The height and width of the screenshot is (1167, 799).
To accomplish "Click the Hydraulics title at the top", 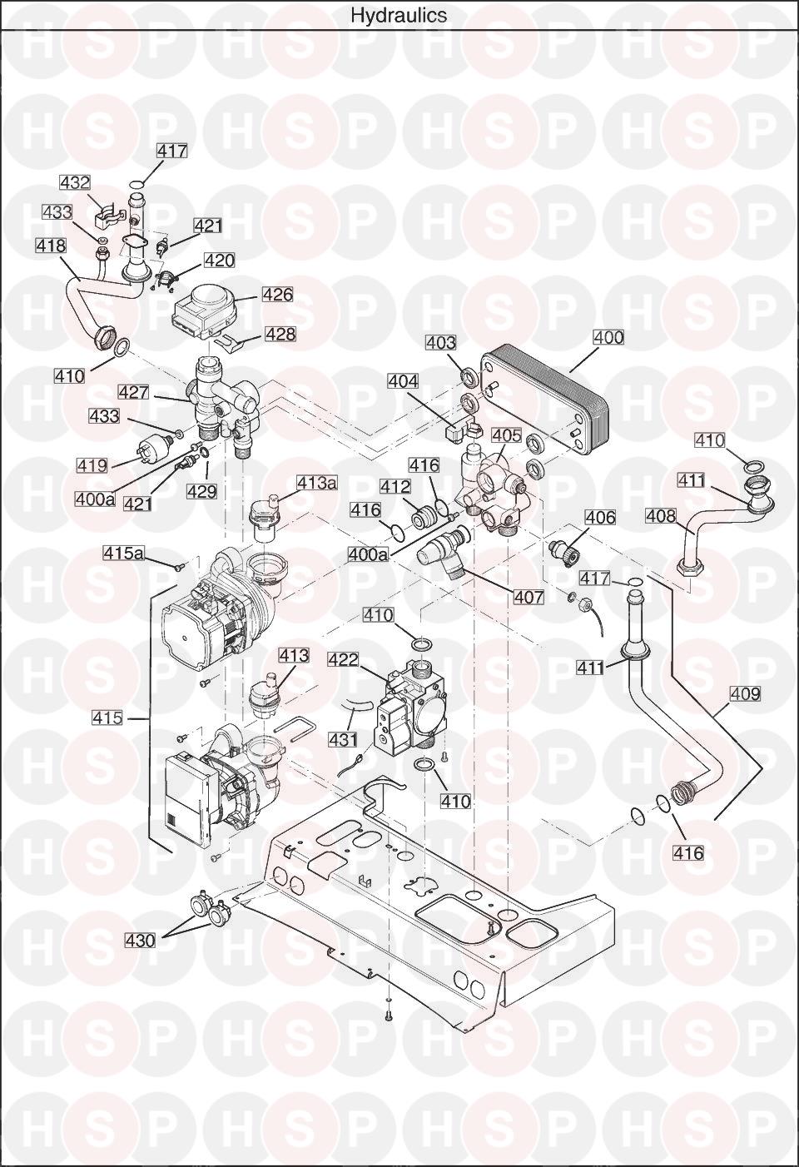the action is [399, 15].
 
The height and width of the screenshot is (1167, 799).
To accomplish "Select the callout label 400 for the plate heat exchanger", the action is [608, 337].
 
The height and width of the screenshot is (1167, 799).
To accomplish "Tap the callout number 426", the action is [278, 295].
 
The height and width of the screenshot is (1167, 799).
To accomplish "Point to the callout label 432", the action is [74, 182].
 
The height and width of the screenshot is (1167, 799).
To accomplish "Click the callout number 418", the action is [51, 245].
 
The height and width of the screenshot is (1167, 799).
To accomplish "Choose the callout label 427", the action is [133, 392].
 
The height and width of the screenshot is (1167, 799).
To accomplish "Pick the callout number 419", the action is [92, 465].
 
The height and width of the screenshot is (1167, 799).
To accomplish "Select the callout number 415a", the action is [123, 553].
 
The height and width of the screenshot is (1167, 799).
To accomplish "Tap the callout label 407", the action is [529, 597].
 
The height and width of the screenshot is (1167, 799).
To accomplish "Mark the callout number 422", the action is [343, 659].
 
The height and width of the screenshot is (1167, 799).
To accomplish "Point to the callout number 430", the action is [140, 941].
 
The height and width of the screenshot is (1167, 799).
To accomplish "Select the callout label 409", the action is [745, 694].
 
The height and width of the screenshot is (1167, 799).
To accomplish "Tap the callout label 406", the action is [601, 518].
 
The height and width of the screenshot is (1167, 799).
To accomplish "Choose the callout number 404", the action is [403, 381].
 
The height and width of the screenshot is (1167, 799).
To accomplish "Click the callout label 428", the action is [280, 334].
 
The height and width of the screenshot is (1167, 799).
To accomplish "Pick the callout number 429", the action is [201, 491].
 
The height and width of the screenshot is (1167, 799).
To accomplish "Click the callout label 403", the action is [440, 342].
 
